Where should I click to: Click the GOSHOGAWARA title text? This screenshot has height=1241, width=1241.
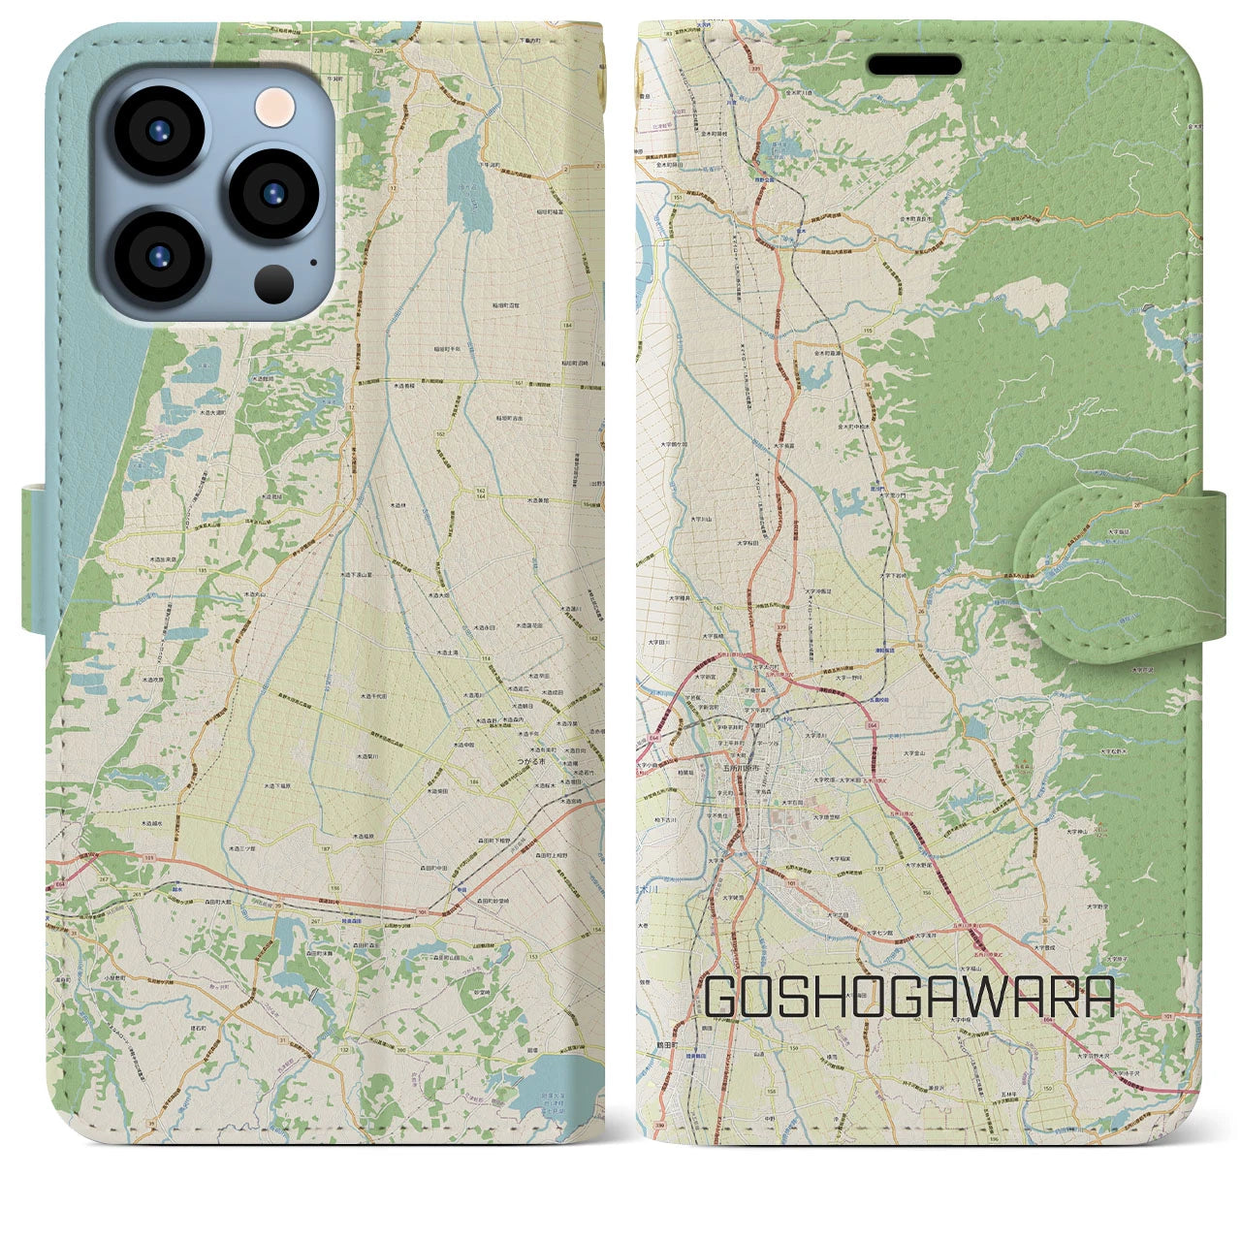tap(909, 996)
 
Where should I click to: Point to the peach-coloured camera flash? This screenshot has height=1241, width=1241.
tap(276, 104)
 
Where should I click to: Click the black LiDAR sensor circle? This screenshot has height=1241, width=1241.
tap(275, 282)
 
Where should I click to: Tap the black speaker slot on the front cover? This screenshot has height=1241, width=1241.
tap(914, 64)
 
